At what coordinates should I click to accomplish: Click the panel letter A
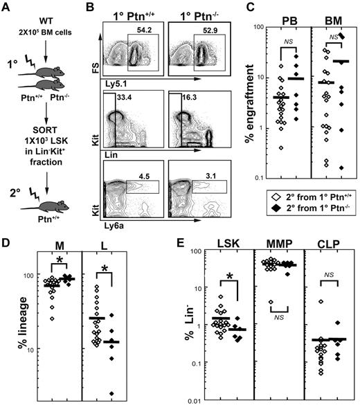point(6,8)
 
